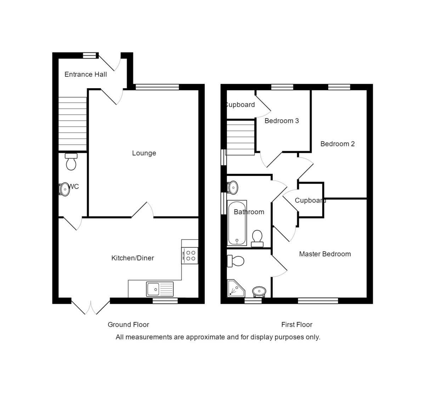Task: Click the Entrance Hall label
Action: (x=86, y=74)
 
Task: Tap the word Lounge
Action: (x=144, y=153)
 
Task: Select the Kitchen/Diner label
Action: (x=133, y=258)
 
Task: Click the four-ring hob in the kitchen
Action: (x=190, y=256)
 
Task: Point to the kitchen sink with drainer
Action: (x=160, y=289)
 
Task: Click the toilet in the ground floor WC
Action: (x=71, y=162)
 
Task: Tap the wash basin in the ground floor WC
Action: (x=64, y=189)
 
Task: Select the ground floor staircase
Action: (x=73, y=124)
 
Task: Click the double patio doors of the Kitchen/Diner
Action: (x=91, y=306)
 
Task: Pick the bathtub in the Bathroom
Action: (x=237, y=223)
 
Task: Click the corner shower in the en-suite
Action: (x=236, y=288)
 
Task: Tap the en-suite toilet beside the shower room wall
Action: (x=236, y=261)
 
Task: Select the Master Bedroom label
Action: (x=325, y=254)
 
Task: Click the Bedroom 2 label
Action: (x=338, y=144)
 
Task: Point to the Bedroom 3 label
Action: (x=282, y=121)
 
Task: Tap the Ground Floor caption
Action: (x=129, y=325)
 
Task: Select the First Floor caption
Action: (x=297, y=325)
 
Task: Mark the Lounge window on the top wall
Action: (x=157, y=87)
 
